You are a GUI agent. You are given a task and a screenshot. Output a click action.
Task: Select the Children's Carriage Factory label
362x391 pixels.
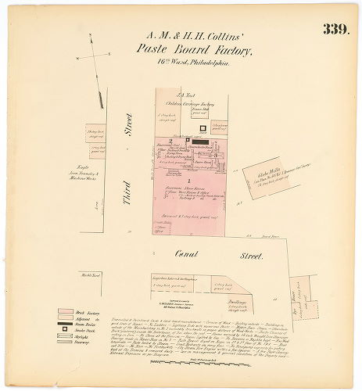185,103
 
